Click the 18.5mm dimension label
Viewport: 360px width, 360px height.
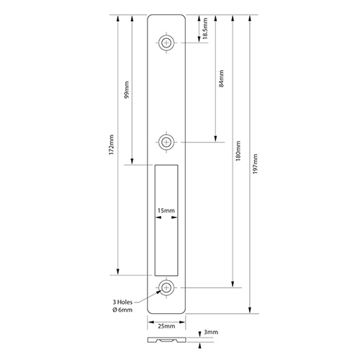204,28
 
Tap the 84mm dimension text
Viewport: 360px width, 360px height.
221,78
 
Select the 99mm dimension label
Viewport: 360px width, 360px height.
126,89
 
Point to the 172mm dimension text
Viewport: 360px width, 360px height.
111,144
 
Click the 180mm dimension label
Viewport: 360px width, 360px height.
238,150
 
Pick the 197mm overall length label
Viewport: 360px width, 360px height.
255,164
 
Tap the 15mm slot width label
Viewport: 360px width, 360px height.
166,210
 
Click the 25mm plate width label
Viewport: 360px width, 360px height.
166,326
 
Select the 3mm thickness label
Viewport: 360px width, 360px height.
211,332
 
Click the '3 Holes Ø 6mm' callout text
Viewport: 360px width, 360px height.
122,306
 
